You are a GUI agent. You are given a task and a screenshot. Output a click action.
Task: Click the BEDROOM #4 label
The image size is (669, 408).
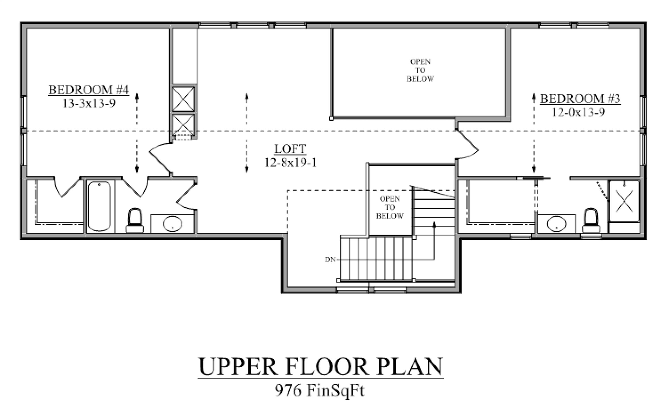point(89,90)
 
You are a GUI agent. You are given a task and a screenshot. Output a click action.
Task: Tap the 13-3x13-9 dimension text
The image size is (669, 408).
point(89,103)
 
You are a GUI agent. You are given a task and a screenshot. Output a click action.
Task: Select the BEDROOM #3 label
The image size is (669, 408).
point(580,99)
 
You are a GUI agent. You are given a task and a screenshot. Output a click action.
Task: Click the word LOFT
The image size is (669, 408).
point(290,149)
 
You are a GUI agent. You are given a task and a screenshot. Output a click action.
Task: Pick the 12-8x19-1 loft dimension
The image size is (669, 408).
point(290,163)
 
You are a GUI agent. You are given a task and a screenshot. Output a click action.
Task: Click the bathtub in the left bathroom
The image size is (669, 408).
point(99,206)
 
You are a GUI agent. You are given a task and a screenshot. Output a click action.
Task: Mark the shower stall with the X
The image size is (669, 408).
point(624,201)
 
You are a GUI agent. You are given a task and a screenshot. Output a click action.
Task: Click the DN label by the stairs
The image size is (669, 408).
point(330,260)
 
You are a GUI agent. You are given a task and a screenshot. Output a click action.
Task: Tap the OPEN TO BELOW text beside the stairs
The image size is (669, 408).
point(390,207)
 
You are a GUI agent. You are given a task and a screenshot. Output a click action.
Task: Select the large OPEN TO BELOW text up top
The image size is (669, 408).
point(420,70)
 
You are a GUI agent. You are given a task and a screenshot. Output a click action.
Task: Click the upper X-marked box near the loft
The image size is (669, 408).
point(184,99)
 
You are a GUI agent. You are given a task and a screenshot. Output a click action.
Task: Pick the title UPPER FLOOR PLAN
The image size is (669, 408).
point(320,367)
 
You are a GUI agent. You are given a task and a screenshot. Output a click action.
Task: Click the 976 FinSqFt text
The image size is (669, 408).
point(320,391)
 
